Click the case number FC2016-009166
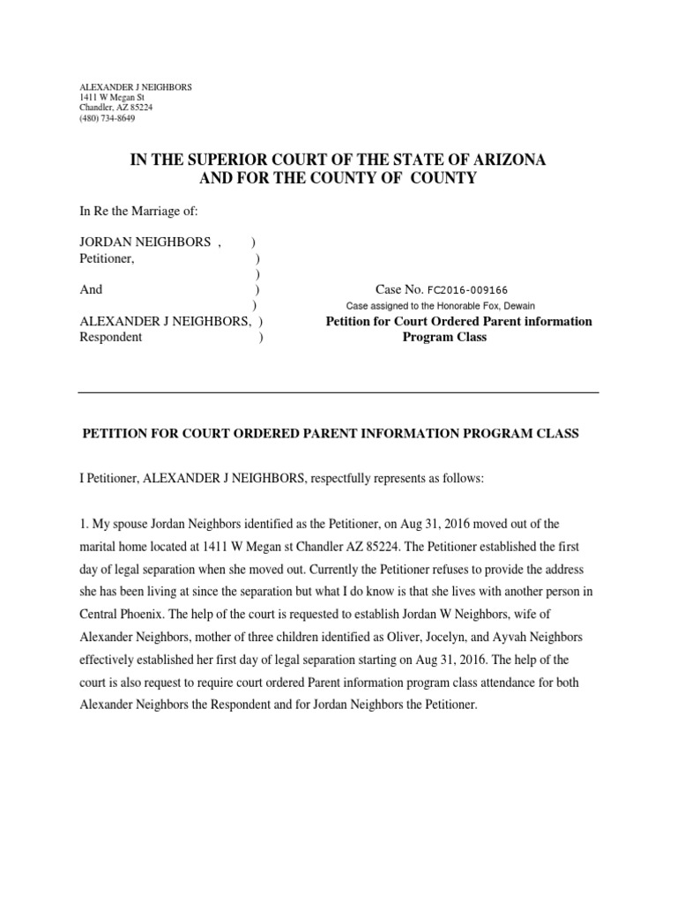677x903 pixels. [467, 289]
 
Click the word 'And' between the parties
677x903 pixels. [91, 289]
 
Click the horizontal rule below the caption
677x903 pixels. [338, 392]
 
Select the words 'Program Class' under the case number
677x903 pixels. [444, 337]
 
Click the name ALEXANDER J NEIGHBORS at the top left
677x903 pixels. [135, 87]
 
